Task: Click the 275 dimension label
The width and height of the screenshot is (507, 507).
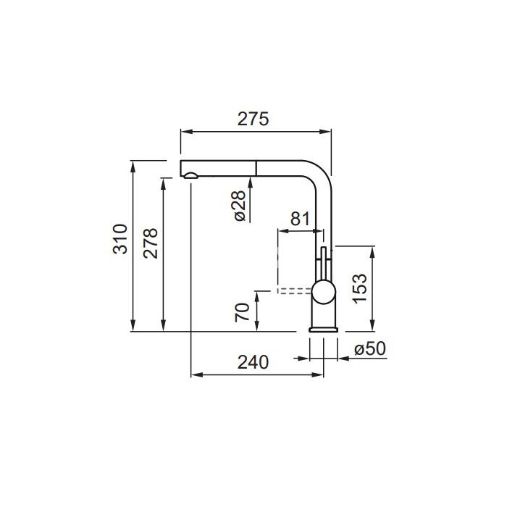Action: [253, 119]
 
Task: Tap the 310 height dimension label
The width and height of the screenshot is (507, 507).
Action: [121, 239]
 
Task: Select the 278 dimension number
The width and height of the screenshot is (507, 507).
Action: [151, 243]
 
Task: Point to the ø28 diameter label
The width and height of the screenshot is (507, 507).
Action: [240, 206]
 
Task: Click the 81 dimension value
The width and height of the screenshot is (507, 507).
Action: [300, 219]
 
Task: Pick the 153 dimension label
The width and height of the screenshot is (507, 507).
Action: [360, 288]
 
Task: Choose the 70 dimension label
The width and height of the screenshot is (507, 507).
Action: [243, 312]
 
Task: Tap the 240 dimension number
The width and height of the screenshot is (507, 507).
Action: [253, 362]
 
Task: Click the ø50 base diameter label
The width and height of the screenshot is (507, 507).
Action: [370, 348]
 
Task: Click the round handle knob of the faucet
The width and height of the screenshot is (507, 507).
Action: [323, 292]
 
